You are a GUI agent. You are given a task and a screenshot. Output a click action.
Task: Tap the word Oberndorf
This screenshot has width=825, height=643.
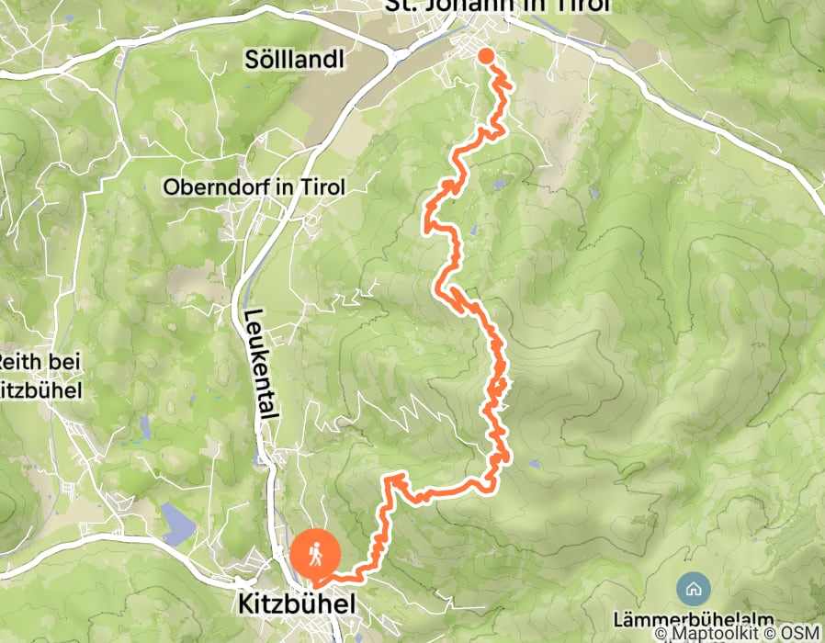pyautogui.click(x=208, y=186)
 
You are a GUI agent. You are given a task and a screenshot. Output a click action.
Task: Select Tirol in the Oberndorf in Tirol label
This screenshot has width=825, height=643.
pyautogui.click(x=319, y=186)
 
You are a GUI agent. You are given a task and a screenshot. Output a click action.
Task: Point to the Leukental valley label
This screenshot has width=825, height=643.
pyautogui.click(x=259, y=364)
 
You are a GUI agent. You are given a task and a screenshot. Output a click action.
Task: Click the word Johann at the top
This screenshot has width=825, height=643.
pyautogui.click(x=482, y=7)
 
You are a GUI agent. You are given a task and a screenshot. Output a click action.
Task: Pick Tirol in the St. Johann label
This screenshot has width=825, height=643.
pyautogui.click(x=582, y=7)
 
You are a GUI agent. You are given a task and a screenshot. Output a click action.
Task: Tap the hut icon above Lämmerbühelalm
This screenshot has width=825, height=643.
pyautogui.click(x=692, y=587)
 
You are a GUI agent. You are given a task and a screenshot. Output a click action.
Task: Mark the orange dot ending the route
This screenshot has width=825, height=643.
pyautogui.click(x=486, y=57)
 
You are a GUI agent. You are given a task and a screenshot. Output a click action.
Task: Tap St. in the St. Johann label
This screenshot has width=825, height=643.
pyautogui.click(x=405, y=7)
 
